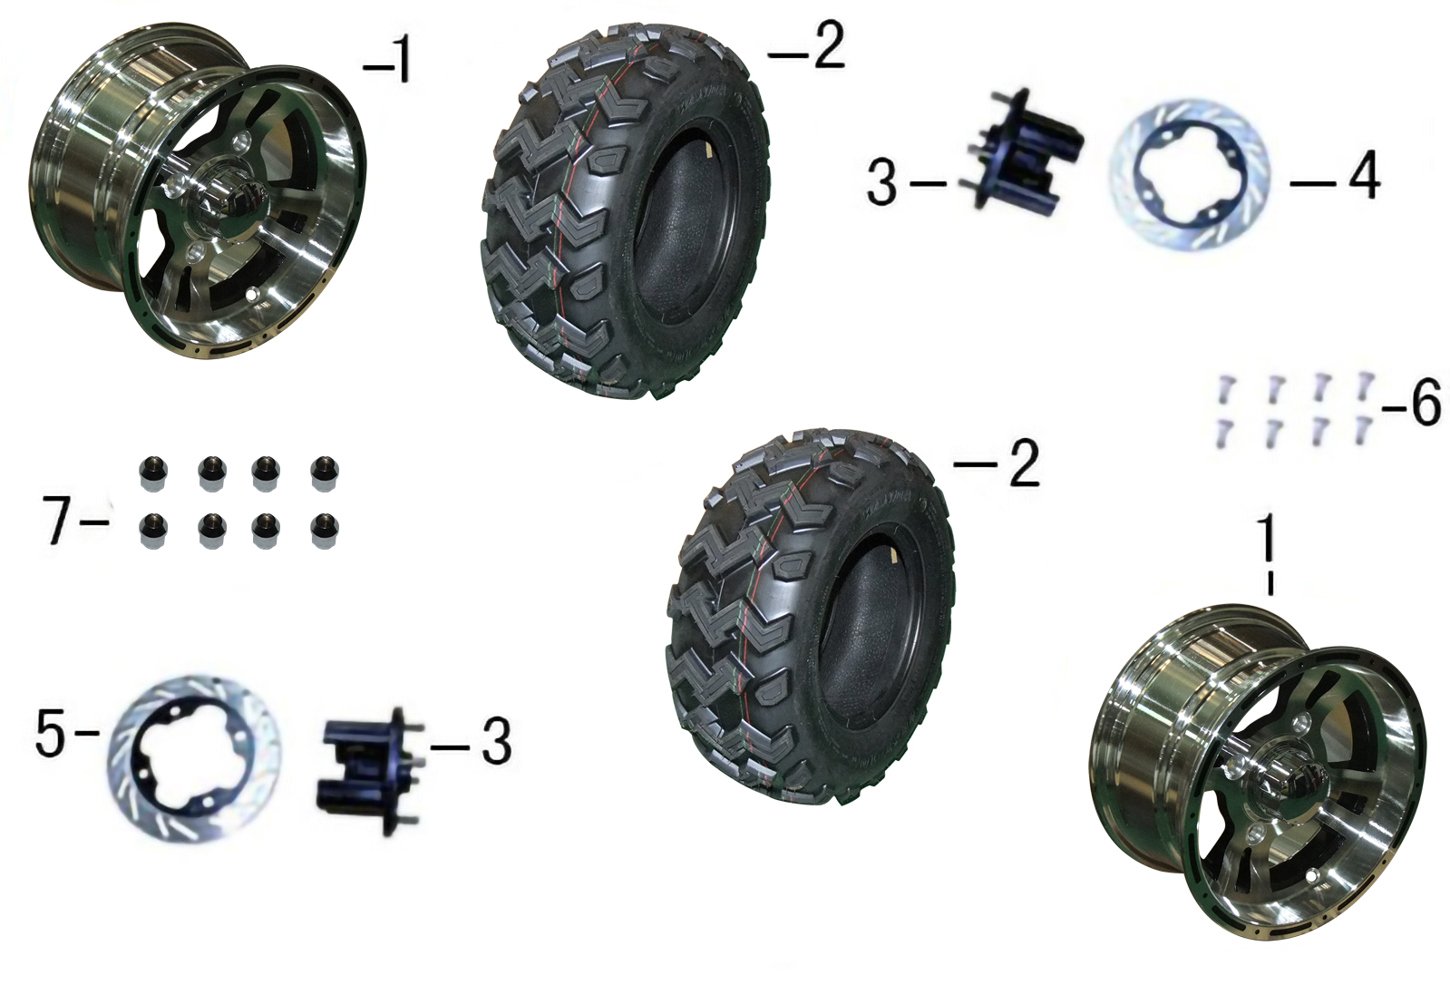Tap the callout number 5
pos(52,735)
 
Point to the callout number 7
pos(58,519)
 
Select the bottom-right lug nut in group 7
pos(324,532)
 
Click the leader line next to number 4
pos(1313,184)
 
